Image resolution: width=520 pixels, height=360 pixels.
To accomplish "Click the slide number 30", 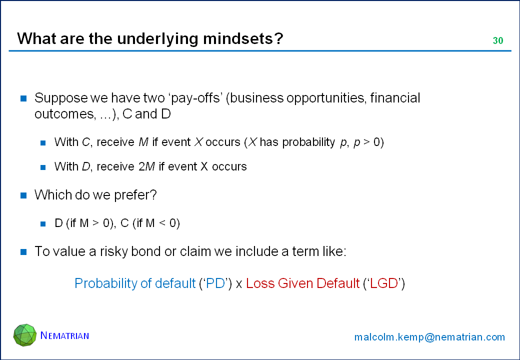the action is click(498, 40).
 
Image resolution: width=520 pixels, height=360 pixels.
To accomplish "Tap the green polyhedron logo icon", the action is click(25, 335).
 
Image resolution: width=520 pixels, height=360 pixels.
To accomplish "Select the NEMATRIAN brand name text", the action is click(64, 335).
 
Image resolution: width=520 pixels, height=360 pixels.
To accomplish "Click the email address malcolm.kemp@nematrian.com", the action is click(429, 337).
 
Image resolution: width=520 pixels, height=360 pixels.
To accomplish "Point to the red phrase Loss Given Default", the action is click(303, 283).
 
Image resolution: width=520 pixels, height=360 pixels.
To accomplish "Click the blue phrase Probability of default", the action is click(135, 284).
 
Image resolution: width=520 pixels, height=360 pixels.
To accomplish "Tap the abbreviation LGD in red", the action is click(384, 283).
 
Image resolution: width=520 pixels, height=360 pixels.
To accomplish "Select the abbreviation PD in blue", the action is click(216, 283).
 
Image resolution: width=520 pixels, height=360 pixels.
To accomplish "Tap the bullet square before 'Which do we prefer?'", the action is click(23, 195).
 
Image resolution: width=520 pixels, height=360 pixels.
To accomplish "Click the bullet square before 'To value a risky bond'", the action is click(23, 252).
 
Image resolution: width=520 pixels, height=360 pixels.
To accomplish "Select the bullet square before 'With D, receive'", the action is click(43, 167).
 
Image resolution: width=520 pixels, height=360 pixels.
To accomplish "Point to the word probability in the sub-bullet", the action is click(309, 142).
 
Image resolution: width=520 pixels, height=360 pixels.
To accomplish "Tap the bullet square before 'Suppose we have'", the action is click(23, 98).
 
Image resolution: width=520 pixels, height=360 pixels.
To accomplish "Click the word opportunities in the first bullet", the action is click(325, 98).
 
